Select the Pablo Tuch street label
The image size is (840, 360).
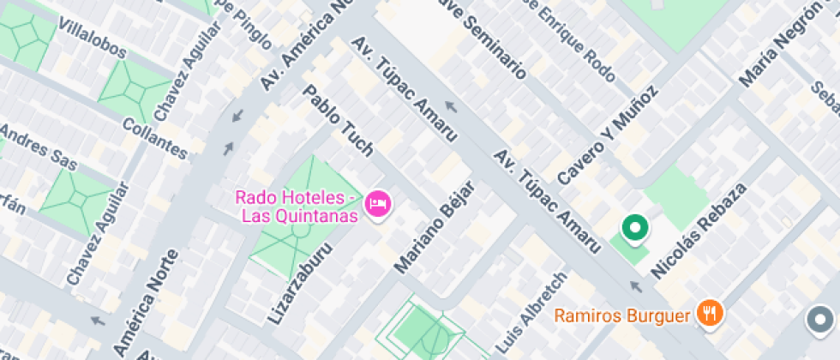339,119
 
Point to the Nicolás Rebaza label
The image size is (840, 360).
694,227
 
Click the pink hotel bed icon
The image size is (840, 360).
377,204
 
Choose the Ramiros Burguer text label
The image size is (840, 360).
621,316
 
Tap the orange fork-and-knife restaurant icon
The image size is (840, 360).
709,314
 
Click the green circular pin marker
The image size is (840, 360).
635,228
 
